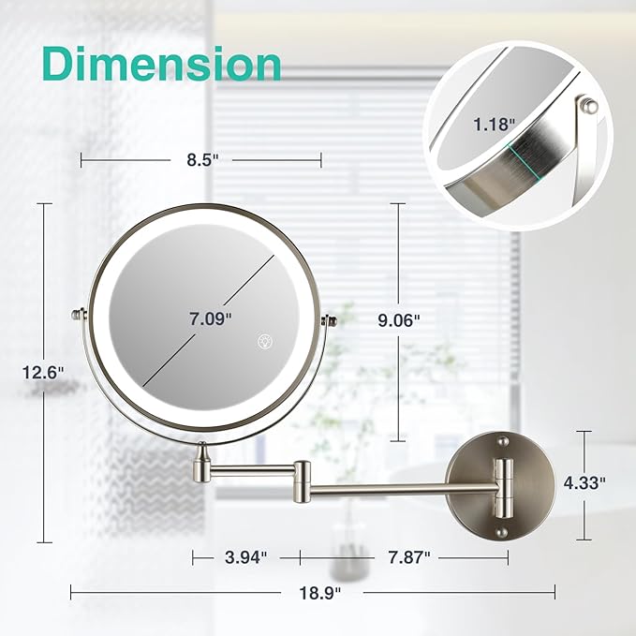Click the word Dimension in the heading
[x=162, y=65]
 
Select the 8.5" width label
[x=202, y=160]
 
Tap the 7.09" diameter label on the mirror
[x=210, y=318]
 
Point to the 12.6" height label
[x=43, y=373]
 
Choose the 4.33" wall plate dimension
[x=584, y=482]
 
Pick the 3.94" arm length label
[x=246, y=557]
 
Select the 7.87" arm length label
[x=408, y=557]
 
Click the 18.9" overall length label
[x=320, y=593]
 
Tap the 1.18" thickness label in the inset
[x=494, y=125]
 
